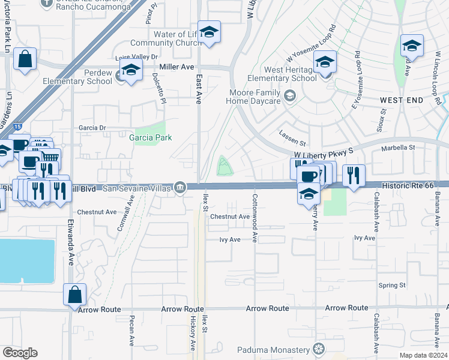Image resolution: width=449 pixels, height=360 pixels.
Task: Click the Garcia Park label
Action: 150,137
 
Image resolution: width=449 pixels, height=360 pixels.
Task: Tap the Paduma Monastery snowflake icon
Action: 319,349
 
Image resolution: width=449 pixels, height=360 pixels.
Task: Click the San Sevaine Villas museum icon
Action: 180,188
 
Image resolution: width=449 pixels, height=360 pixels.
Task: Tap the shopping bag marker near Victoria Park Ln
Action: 25,59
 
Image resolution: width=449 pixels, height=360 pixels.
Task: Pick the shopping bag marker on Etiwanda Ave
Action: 75,295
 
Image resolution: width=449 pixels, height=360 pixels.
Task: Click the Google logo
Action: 20,352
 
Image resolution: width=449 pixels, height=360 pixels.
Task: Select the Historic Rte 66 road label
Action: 416,187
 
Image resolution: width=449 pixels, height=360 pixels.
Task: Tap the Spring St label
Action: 392,285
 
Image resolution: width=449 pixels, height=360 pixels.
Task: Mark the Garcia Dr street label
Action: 92,128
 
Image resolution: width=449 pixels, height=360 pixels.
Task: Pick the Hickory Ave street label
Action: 193,335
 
